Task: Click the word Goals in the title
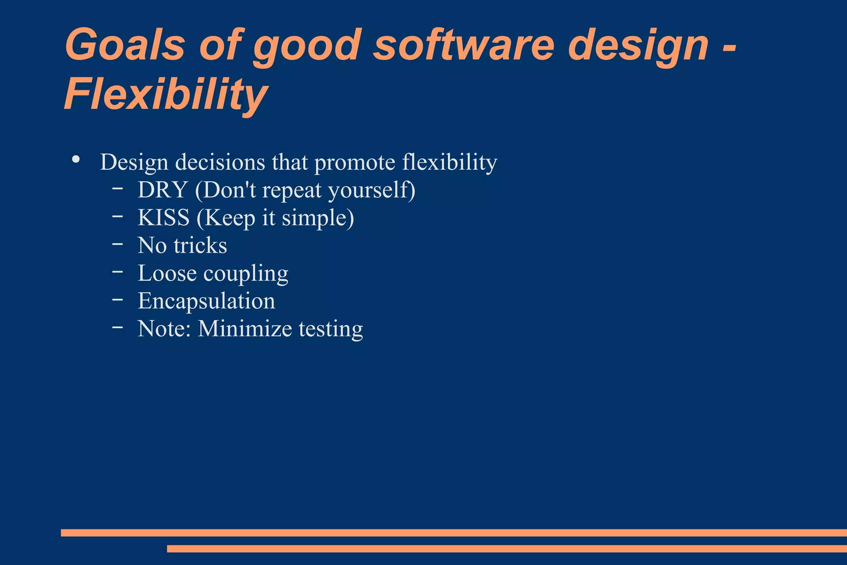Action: (124, 45)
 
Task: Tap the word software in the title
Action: (464, 45)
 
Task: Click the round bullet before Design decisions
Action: (76, 159)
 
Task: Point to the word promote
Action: (354, 162)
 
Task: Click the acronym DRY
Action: (163, 190)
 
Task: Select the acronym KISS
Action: (164, 218)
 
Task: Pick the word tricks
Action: (200, 245)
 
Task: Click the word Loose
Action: (167, 273)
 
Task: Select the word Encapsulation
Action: (206, 301)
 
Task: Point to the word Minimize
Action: (245, 329)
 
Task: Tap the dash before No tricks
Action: (117, 244)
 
